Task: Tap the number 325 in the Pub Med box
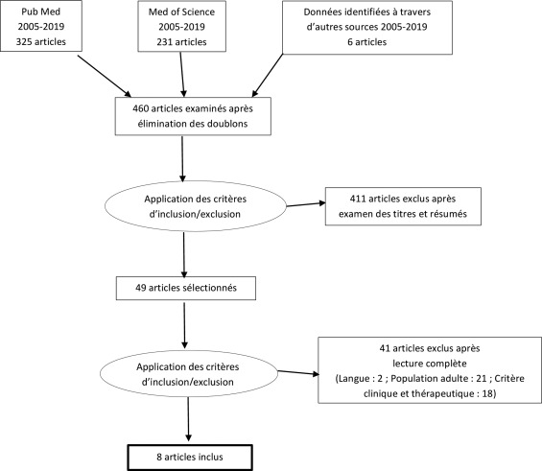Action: [x=24, y=42]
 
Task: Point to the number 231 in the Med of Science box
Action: [x=165, y=42]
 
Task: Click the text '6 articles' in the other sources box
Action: [x=367, y=42]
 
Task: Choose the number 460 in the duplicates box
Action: [x=141, y=108]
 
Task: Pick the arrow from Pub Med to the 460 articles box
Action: [x=105, y=76]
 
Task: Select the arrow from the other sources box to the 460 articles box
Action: [x=268, y=76]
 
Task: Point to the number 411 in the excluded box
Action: [x=358, y=199]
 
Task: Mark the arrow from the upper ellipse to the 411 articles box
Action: [x=306, y=204]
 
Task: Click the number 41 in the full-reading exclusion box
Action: [x=385, y=348]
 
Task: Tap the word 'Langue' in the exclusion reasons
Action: [x=355, y=379]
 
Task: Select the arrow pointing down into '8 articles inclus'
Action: [x=188, y=419]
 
